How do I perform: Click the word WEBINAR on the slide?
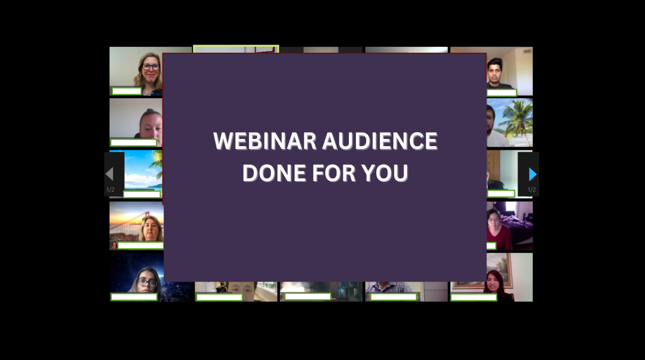click(x=265, y=141)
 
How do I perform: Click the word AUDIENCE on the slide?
click(x=380, y=141)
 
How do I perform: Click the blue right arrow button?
click(x=533, y=175)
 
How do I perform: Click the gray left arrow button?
click(x=110, y=174)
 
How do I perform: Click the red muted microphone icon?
click(x=114, y=246)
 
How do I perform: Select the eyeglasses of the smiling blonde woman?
click(x=150, y=67)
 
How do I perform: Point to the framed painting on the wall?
click(x=498, y=270)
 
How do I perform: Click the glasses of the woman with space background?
click(x=147, y=282)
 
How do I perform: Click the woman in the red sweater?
click(x=498, y=229)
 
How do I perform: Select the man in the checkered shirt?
click(x=392, y=291)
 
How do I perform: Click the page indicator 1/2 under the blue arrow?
click(x=532, y=190)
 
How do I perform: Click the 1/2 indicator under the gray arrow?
click(x=110, y=190)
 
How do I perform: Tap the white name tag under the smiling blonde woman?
click(x=127, y=91)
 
